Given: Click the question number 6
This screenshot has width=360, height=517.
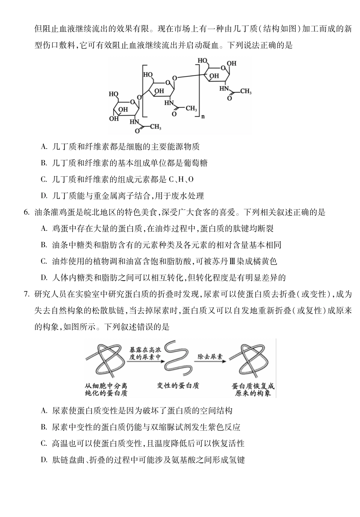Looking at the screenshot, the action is click(x=26, y=212).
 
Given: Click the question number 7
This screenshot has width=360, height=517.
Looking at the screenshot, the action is click(x=26, y=294).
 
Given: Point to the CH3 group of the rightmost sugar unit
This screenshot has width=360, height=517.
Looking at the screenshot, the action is click(x=245, y=91).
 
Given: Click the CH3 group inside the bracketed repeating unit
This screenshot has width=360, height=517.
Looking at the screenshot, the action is click(x=191, y=108).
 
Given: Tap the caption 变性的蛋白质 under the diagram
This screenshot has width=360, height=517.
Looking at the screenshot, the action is click(x=178, y=385).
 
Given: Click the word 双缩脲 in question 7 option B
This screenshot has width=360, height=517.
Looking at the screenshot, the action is click(x=162, y=427).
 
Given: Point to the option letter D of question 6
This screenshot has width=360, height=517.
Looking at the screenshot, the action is click(x=44, y=278).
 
